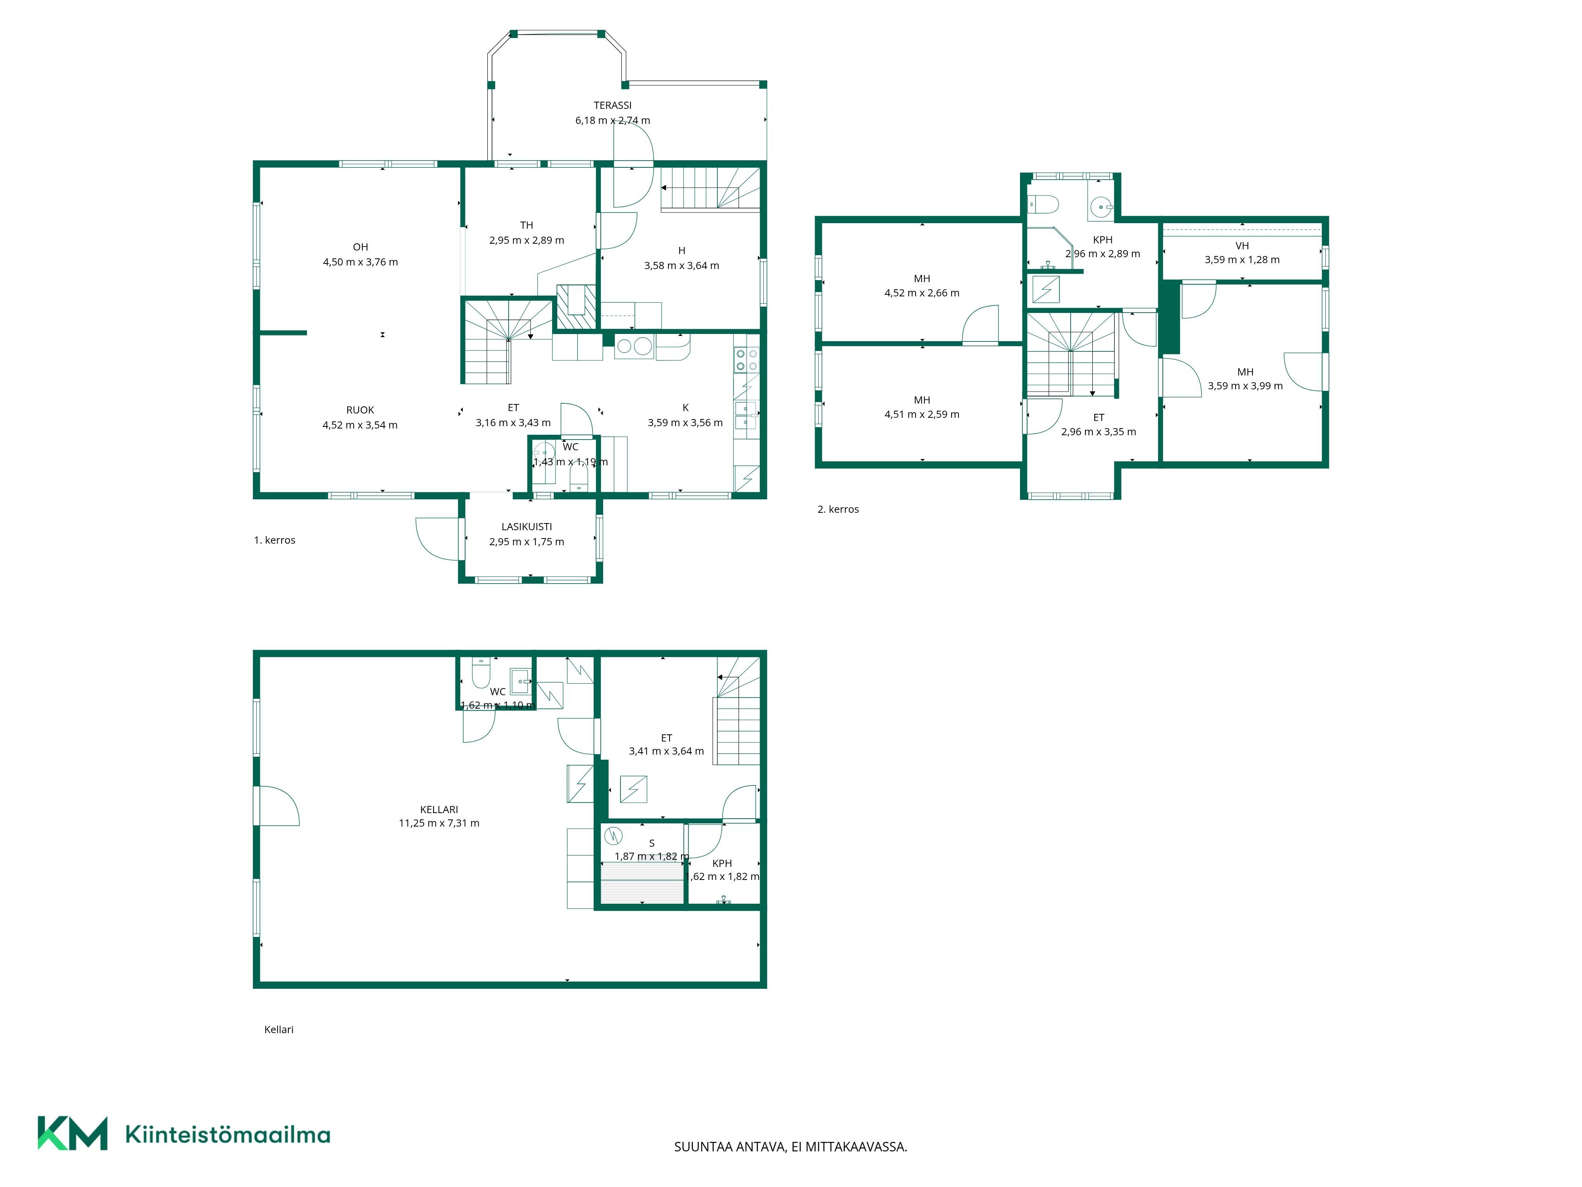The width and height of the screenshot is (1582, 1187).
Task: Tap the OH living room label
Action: click(360, 247)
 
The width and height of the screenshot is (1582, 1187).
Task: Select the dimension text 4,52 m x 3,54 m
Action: click(360, 425)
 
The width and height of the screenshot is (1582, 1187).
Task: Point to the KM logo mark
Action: click(72, 1133)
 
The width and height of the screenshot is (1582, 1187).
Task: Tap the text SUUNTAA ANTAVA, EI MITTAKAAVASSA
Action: click(790, 1147)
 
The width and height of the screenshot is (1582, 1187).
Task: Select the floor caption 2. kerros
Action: click(838, 510)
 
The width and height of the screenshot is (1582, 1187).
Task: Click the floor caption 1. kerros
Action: click(274, 540)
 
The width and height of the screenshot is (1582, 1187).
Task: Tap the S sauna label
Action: click(651, 844)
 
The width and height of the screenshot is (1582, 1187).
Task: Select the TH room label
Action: click(526, 226)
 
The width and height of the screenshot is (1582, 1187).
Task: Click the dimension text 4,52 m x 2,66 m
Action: click(922, 293)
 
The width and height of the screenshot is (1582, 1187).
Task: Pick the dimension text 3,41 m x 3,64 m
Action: click(666, 751)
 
